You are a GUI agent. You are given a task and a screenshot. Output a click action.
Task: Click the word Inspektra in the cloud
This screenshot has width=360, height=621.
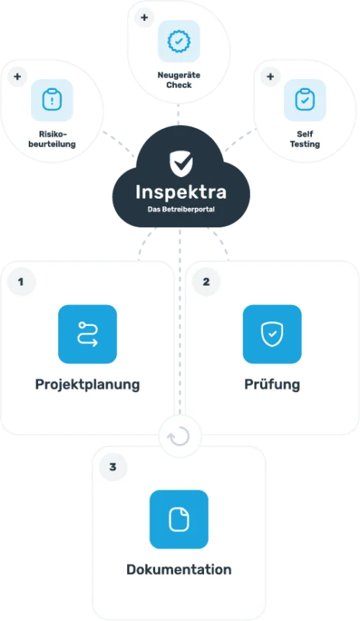click(x=181, y=193)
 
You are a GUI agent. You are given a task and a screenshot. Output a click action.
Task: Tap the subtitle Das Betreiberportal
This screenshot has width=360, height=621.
click(x=181, y=209)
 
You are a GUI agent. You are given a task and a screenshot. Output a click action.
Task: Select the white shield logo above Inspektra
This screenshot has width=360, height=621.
click(x=181, y=163)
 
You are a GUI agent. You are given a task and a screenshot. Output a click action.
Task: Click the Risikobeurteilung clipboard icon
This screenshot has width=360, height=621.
click(x=52, y=100)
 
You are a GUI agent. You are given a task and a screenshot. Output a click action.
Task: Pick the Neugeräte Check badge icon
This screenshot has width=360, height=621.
click(x=179, y=41)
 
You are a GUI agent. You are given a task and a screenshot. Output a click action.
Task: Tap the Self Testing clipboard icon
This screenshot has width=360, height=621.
click(x=305, y=100)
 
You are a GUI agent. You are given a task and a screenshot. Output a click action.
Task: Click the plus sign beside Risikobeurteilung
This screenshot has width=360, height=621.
click(x=17, y=76)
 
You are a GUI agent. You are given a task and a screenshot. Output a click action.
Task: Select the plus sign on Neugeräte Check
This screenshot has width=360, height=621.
click(x=144, y=17)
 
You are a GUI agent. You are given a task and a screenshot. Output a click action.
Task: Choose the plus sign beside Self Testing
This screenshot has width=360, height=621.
click(x=271, y=76)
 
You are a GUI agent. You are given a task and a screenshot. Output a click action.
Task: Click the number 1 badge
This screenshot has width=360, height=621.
click(x=21, y=282)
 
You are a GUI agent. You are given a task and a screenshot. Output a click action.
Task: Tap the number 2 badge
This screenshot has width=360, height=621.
click(x=206, y=282)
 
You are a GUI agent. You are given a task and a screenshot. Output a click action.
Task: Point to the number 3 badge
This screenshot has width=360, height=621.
click(x=112, y=467)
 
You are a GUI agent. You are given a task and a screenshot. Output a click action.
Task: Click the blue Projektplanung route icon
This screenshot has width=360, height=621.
click(x=88, y=335)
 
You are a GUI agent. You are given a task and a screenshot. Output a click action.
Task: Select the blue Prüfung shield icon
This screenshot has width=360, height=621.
click(x=272, y=335)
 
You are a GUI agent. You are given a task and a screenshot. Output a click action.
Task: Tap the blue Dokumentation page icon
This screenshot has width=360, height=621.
click(x=179, y=519)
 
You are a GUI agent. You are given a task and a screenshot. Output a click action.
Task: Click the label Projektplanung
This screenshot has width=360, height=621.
click(x=88, y=384)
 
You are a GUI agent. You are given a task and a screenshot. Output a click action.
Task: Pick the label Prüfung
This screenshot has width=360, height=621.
click(x=272, y=384)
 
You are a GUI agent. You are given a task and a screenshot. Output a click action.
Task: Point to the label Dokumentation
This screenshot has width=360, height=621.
click(x=179, y=570)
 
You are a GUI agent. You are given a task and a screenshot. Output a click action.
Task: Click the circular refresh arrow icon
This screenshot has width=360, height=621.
click(x=179, y=436)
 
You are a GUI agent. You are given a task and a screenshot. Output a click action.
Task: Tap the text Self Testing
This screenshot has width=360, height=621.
click(x=305, y=139)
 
